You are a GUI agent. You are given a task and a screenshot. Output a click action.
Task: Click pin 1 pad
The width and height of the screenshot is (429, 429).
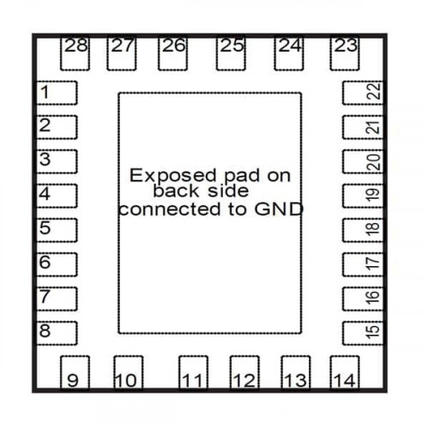point(57,93)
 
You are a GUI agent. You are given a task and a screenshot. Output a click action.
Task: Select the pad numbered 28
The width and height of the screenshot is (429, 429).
point(75,53)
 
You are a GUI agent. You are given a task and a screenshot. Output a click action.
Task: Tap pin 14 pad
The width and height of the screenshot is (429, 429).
point(345,372)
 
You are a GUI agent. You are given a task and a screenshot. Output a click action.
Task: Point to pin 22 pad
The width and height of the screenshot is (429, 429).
point(363,93)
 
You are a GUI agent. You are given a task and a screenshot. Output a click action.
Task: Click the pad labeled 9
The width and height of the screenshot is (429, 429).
point(75,372)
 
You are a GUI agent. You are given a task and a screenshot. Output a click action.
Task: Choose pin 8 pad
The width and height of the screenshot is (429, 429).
point(57,333)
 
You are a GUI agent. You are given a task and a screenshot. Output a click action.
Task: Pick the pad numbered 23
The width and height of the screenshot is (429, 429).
point(345,53)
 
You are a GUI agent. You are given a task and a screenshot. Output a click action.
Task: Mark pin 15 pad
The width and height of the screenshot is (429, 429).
point(363,333)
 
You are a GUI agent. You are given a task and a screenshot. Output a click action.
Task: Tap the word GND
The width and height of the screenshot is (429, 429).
point(279,209)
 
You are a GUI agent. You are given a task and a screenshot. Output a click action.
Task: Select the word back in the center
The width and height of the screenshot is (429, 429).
point(177,191)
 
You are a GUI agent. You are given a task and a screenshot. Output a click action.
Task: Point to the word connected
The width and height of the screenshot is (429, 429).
point(170,209)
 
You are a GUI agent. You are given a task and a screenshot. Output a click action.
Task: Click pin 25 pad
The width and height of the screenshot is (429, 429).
point(231,53)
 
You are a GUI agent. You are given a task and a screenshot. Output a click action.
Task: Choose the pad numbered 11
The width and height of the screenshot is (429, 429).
point(193,372)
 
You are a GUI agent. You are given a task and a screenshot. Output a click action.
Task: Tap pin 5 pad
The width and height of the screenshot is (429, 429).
point(57,230)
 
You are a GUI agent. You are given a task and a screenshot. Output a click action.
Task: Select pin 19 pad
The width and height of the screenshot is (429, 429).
point(363,196)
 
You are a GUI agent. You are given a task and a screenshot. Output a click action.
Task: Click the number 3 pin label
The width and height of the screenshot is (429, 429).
point(45,160)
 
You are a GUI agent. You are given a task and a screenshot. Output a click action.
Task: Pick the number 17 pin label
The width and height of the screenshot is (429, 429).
point(373,263)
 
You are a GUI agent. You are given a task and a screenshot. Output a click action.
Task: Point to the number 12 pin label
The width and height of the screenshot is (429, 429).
point(245,381)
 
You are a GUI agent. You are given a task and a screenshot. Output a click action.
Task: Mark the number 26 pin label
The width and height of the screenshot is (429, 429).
point(174,45)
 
